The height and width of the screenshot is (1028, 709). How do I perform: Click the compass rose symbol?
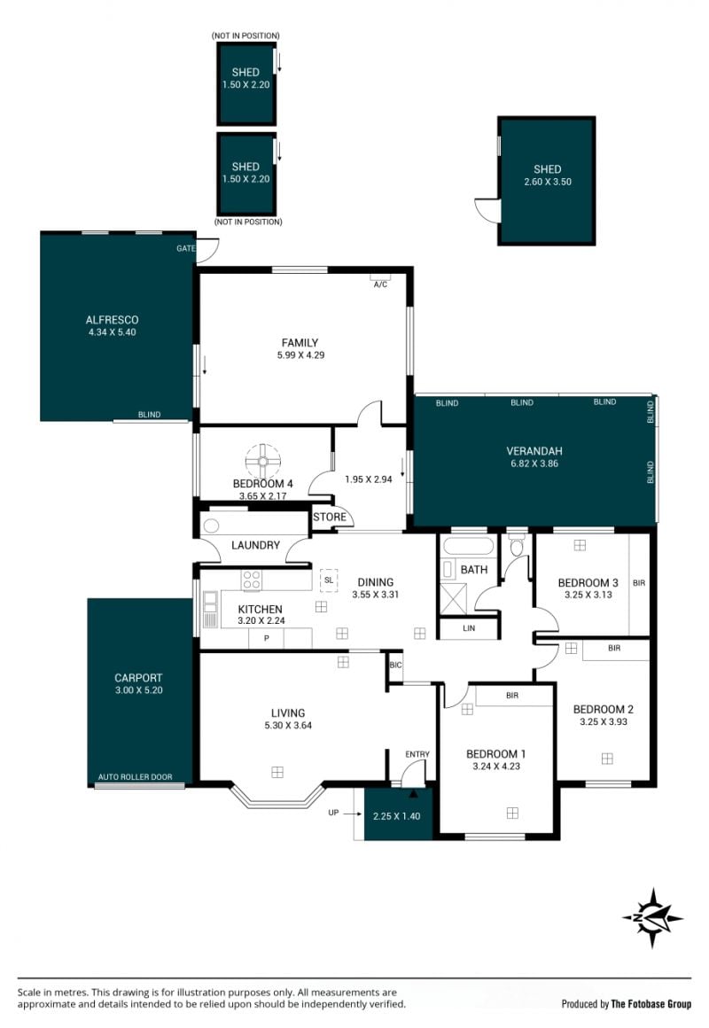coord(652,918)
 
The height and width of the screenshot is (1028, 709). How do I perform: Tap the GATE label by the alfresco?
coord(185,248)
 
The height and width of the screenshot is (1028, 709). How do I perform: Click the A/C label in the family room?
coord(380,284)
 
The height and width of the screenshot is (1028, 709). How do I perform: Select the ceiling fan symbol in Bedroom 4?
coord(263,462)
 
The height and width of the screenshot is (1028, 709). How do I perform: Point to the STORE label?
coord(330,517)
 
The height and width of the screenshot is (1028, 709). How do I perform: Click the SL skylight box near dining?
coord(329,580)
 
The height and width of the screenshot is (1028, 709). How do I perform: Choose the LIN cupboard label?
coord(469,628)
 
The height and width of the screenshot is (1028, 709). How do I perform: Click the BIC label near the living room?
coord(395,665)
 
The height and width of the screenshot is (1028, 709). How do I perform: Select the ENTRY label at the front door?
coord(417,754)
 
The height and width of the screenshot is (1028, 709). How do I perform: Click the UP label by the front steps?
coord(333,813)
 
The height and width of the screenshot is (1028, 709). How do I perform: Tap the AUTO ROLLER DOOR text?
coord(135,777)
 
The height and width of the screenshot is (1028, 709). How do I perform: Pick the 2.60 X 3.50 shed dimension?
coord(548,182)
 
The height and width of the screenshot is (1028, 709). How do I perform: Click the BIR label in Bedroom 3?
coord(639,583)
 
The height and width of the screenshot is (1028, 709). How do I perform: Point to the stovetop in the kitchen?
coord(252,580)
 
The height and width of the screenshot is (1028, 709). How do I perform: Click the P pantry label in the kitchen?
coord(266,638)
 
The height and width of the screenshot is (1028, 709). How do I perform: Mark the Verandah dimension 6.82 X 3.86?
coord(534,463)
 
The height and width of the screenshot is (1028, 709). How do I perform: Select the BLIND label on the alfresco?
coord(150,415)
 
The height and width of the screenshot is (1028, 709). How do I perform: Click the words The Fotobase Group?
coord(651,1004)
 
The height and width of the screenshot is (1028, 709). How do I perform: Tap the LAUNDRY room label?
coord(256,545)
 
